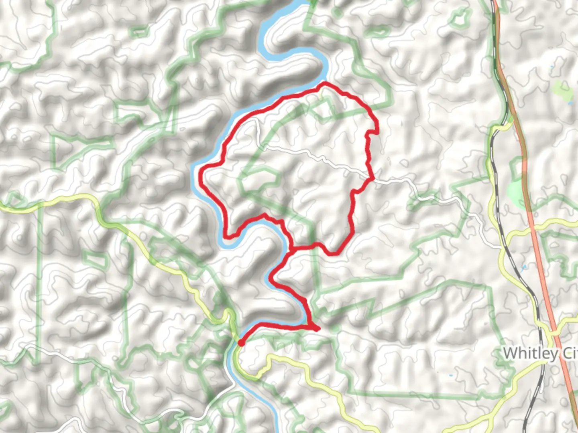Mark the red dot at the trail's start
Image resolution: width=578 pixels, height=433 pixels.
[x=241, y=343]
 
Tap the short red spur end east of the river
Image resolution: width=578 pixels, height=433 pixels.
[x=318, y=330]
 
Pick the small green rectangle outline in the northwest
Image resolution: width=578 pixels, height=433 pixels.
[x=140, y=31]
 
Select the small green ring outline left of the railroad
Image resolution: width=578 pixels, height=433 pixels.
[x=461, y=18]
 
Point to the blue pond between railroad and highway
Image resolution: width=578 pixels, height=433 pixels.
[x=523, y=268]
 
